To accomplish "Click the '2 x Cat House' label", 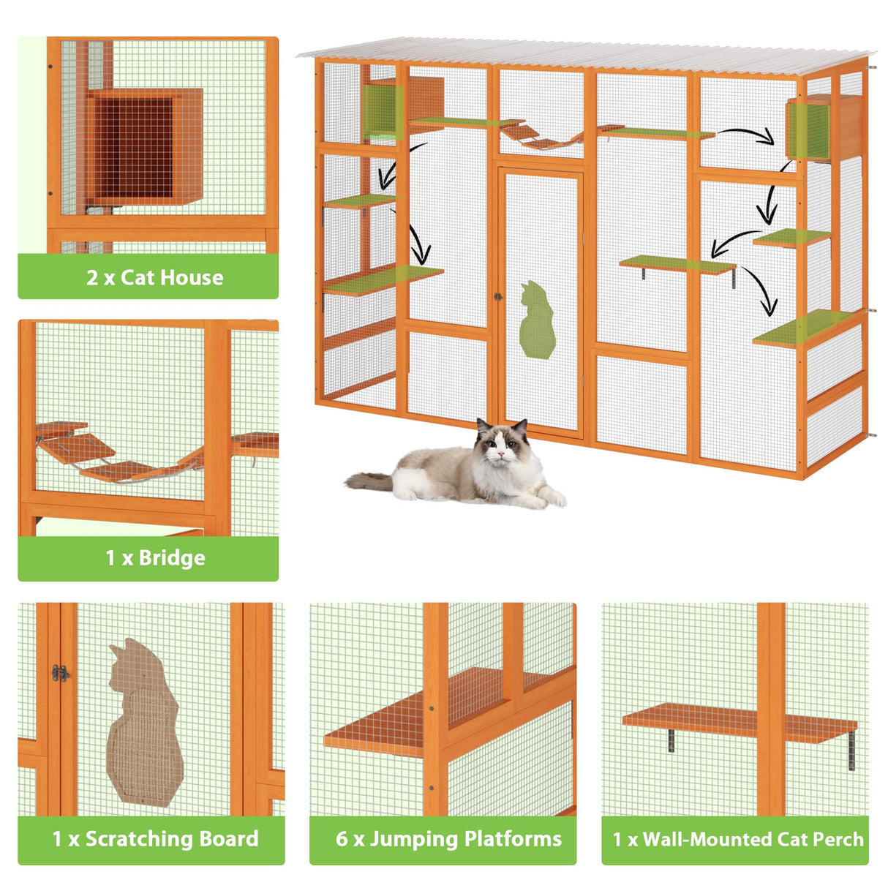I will [x=154, y=277].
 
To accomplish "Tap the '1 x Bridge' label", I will [x=155, y=558].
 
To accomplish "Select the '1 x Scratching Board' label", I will [x=155, y=839].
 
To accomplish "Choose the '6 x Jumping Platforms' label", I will [x=448, y=839].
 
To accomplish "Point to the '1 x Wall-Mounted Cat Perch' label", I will [x=738, y=839].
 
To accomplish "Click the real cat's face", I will [x=500, y=448].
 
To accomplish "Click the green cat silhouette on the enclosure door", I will [x=538, y=321].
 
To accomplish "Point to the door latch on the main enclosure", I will [x=497, y=297].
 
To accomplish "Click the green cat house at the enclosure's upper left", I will [x=382, y=111].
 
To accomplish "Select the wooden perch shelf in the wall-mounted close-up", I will [x=739, y=720].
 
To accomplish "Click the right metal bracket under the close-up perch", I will [x=851, y=750].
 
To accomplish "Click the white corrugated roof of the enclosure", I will [x=585, y=56].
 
